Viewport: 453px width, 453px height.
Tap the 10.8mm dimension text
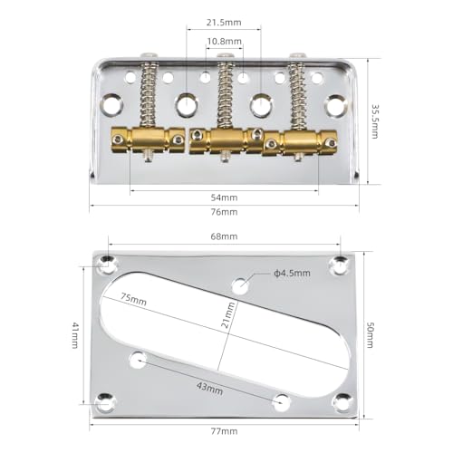click(224, 42)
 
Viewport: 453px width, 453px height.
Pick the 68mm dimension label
click(224, 236)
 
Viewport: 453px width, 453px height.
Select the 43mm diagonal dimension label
click(209, 388)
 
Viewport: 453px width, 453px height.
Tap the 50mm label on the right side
click(370, 337)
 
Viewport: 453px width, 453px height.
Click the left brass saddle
click(157, 139)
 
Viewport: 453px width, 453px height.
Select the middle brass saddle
click(224, 140)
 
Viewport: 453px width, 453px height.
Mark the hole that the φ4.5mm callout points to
click(241, 285)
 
